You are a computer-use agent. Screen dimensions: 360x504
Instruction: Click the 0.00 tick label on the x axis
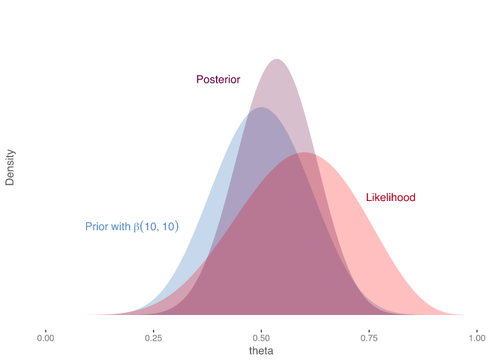pos(46,337)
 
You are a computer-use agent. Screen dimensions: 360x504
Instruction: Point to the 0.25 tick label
pos(154,337)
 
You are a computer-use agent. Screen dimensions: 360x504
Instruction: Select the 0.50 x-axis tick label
pos(261,337)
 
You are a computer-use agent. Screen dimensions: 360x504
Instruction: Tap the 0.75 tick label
pos(369,337)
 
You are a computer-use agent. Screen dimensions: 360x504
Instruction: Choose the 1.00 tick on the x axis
pos(476,337)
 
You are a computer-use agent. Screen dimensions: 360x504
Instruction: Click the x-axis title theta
pos(261,351)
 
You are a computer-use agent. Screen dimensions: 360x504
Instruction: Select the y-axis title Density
pos(10,167)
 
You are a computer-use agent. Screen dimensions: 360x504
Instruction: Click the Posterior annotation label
pos(217,79)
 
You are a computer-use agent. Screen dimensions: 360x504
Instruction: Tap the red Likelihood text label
pos(391,197)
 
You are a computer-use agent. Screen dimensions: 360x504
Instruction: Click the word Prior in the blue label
pos(95,226)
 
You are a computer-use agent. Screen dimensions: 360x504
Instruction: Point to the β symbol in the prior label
pos(136,226)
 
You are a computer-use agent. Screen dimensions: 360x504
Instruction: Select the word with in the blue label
pos(120,226)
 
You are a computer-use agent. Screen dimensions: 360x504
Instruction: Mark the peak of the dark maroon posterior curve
pos(277,60)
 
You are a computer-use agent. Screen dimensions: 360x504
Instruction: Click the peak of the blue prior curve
pos(260,109)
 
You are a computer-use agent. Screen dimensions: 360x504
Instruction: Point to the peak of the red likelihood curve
pos(304,154)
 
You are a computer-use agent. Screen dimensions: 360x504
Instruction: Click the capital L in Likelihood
pos(368,197)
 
